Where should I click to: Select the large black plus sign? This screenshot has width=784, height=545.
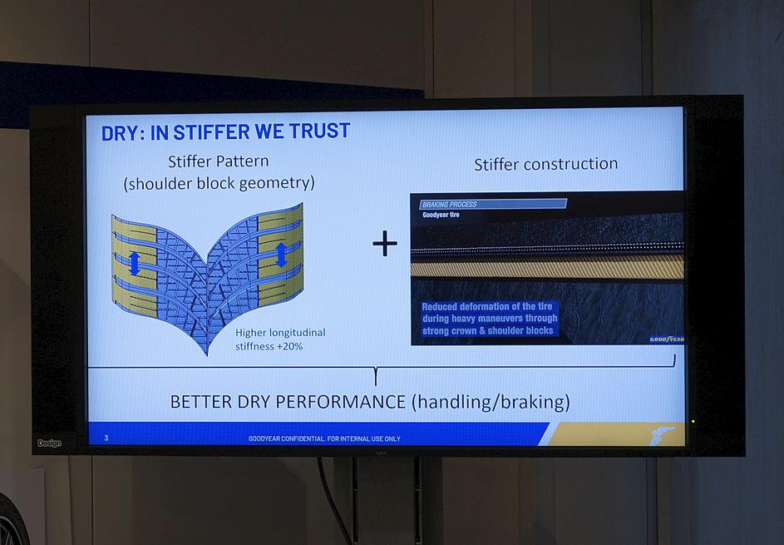point(385,244)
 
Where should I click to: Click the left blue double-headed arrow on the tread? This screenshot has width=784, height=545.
point(135,263)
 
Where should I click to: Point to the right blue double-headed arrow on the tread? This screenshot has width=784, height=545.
point(282,255)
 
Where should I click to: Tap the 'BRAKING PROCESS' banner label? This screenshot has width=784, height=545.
point(450,204)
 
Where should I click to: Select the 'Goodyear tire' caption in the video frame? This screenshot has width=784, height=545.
point(441,215)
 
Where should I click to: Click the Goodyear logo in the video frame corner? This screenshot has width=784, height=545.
point(667,339)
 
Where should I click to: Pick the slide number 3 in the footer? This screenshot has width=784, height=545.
point(106,438)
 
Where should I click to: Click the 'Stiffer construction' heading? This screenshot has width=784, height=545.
point(546,164)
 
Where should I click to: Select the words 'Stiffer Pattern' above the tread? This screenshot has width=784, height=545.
point(219,161)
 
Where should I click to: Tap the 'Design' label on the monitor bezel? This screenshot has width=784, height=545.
point(49,443)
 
